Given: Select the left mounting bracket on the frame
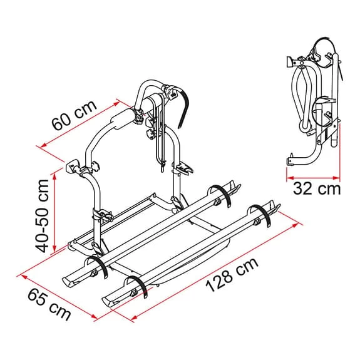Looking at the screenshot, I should pos(81,170).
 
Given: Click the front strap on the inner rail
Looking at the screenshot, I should pos(97,267).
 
